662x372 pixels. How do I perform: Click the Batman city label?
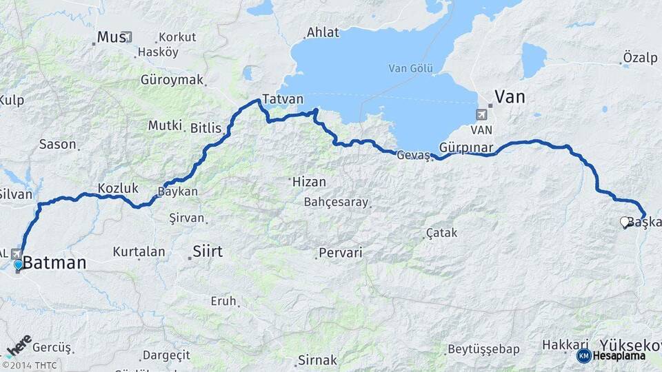[x=55, y=263]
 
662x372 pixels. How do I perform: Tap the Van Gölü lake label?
[x=410, y=68]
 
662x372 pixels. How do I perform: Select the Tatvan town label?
[x=283, y=99]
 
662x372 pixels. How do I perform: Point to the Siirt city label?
[x=207, y=251]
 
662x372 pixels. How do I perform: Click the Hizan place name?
[x=309, y=182]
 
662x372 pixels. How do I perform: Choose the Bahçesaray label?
[x=336, y=203]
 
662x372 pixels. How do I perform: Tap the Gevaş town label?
[x=413, y=156]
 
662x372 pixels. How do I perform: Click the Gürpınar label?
[x=466, y=148]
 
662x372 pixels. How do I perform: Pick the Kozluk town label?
[x=118, y=187]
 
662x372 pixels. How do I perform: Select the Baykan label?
[x=178, y=192]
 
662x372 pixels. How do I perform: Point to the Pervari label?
[x=340, y=253]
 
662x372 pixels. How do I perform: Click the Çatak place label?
[x=441, y=233]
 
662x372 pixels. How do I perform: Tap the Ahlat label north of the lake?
[x=323, y=32]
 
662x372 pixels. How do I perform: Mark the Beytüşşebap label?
[x=483, y=349]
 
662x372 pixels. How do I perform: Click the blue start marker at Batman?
[x=18, y=264]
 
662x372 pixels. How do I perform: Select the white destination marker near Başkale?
[x=625, y=222]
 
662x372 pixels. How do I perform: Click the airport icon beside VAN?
[x=481, y=114]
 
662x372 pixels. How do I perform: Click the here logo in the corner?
[x=19, y=344]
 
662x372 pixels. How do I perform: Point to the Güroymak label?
[x=172, y=80]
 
